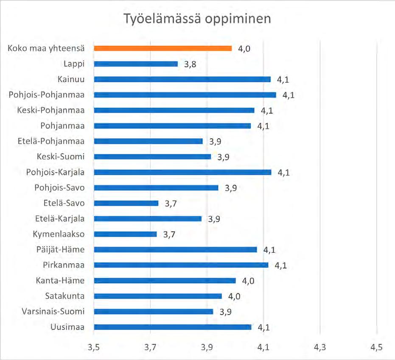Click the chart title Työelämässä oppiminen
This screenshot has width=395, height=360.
tap(197, 19)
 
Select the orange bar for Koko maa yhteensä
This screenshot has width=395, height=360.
tap(163, 48)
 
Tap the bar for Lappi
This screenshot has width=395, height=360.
tap(136, 64)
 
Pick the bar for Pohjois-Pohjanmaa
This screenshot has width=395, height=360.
tap(185, 95)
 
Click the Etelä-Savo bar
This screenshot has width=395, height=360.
tap(126, 203)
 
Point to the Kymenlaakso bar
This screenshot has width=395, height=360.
tap(125, 234)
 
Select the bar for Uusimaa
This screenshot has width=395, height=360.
tap(173, 327)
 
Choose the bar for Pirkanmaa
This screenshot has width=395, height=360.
tap(181, 265)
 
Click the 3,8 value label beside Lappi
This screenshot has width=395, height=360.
tap(190, 64)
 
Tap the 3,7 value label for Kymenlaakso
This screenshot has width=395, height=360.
tap(169, 234)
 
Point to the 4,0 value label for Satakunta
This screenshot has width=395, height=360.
tap(234, 296)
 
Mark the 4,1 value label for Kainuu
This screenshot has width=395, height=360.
tap(283, 80)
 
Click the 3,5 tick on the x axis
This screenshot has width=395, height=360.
tap(94, 347)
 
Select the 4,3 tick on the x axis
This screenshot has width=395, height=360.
tap(320, 347)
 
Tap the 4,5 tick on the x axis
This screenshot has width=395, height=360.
tap(377, 347)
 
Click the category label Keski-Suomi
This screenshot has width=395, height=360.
tap(61, 156)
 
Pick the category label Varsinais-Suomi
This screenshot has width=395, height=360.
tap(53, 311)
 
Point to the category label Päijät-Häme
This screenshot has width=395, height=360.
tap(60, 250)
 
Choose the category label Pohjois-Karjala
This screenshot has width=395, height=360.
tap(56, 173)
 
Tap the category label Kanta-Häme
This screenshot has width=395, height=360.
tap(60, 280)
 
